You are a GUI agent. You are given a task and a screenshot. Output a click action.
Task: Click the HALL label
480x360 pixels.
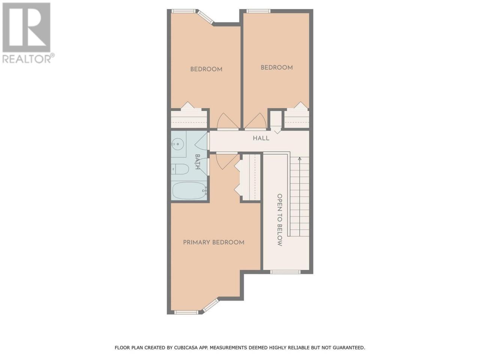click(261, 138)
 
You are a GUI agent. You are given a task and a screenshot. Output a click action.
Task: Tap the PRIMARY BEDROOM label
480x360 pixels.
click(214, 242)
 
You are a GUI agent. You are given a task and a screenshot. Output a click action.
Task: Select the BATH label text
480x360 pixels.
click(198, 162)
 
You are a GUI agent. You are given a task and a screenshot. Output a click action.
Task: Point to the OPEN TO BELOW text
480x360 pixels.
click(280, 220)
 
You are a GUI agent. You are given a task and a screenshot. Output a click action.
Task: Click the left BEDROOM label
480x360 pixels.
click(206, 69)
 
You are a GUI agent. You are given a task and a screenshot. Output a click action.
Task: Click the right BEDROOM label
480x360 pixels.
click(277, 67)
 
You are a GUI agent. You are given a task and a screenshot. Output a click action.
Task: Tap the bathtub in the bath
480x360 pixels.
click(189, 191)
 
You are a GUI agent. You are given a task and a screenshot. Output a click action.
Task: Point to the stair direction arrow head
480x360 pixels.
click(300, 159)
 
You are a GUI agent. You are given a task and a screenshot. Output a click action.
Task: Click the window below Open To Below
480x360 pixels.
click(285, 272)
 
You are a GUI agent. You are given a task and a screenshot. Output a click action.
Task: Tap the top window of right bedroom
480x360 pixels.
click(258, 11)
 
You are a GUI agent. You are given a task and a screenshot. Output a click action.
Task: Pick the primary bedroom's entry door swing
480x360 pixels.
click(227, 162)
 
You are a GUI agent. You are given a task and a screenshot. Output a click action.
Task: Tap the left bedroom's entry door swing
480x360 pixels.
click(227, 121)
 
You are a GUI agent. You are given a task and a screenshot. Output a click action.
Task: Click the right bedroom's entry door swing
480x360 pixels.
click(255, 121)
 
